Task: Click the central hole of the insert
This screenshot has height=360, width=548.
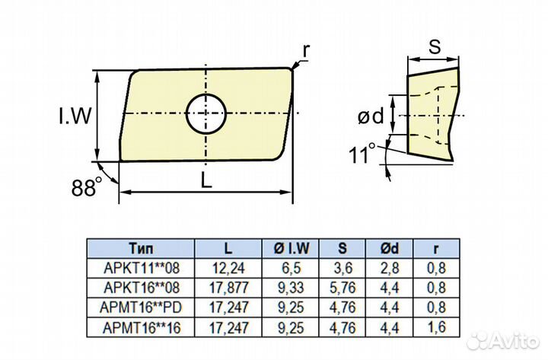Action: click(x=206, y=114)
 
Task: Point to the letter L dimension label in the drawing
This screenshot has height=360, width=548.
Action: click(x=205, y=180)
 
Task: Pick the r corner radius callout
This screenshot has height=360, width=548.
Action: click(x=306, y=50)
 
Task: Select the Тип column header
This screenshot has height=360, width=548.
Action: click(x=141, y=249)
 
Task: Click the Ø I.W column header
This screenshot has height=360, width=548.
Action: click(x=292, y=249)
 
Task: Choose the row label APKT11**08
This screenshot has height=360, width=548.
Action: click(x=141, y=268)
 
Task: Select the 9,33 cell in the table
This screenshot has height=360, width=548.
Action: click(x=292, y=288)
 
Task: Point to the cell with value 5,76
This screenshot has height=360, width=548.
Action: click(x=342, y=288)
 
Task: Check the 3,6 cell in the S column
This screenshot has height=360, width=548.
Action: click(x=342, y=268)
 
